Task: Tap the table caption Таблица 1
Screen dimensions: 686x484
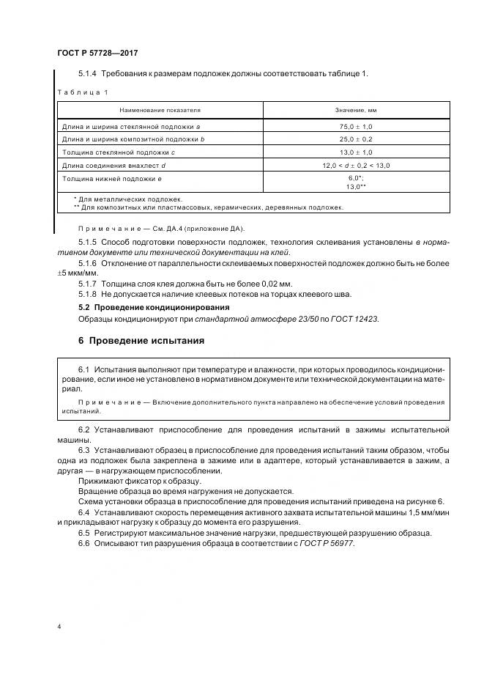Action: pyautogui.click(x=81, y=92)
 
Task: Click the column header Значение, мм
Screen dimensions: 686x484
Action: pyautogui.click(x=357, y=110)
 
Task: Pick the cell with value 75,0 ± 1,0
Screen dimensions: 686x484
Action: pyautogui.click(x=357, y=127)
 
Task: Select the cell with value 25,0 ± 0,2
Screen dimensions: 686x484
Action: pyautogui.click(x=357, y=139)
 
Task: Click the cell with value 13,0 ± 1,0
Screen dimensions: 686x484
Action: pyautogui.click(x=357, y=152)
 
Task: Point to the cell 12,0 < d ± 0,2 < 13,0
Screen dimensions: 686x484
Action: pyautogui.click(x=357, y=165)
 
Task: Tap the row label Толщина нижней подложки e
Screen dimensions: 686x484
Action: pyautogui.click(x=112, y=177)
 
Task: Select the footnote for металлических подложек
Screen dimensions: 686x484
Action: pyautogui.click(x=128, y=199)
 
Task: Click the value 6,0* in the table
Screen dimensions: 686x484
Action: pyautogui.click(x=355, y=178)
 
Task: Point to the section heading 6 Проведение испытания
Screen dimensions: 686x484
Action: pyautogui.click(x=141, y=340)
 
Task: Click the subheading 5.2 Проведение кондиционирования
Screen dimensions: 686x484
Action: pyautogui.click(x=154, y=307)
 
